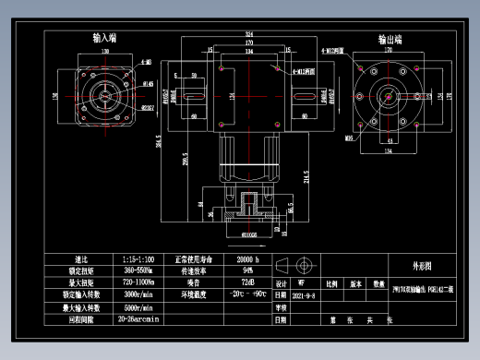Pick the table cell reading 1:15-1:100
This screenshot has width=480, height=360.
tap(138, 258)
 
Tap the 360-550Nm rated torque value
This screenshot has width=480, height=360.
tap(138, 270)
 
